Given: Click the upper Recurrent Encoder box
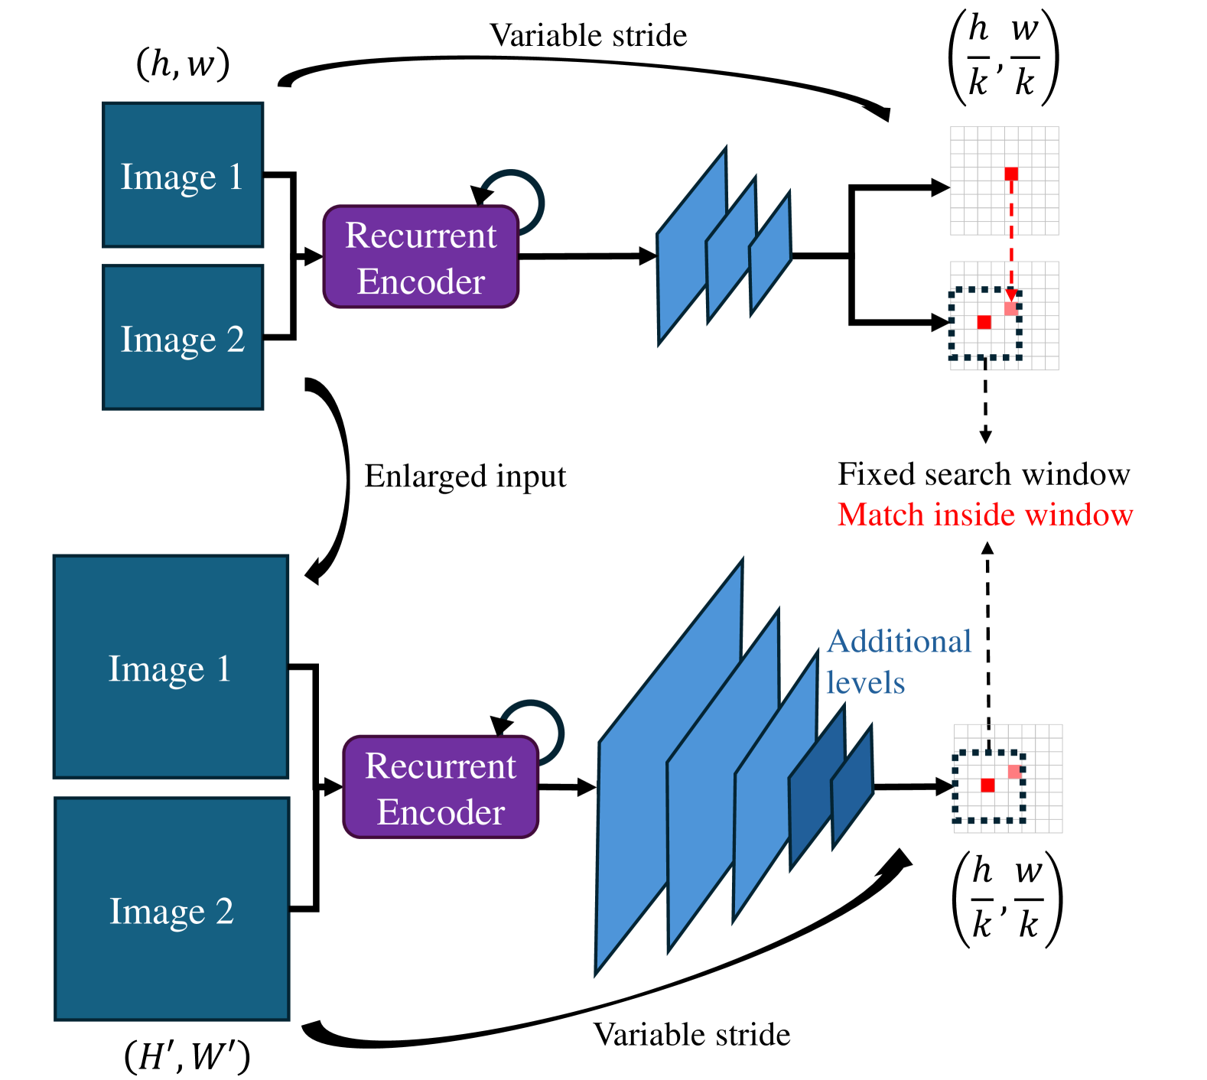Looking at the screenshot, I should (421, 257).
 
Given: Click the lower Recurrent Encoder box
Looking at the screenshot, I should (441, 788).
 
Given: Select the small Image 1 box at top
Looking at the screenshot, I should (183, 175).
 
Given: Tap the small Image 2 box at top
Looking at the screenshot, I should (183, 337).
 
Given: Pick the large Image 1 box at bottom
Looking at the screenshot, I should (171, 667).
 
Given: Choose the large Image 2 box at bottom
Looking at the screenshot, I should (171, 909).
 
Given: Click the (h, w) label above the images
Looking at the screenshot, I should (183, 63).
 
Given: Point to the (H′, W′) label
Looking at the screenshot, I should (187, 1056).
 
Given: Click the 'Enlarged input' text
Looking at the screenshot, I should (465, 476).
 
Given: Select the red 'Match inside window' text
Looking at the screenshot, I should (985, 515).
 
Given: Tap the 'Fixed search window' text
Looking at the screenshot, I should (984, 474).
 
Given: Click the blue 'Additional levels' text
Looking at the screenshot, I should (899, 662).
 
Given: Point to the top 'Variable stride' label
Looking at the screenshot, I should (588, 35).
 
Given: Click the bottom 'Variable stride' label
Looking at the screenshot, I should (691, 1034).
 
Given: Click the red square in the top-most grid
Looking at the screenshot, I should (1011, 174).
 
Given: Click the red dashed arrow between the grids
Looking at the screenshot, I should (1011, 237).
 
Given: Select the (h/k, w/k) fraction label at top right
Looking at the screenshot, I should (1003, 57).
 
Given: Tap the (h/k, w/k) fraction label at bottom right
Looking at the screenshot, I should (1007, 899).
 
